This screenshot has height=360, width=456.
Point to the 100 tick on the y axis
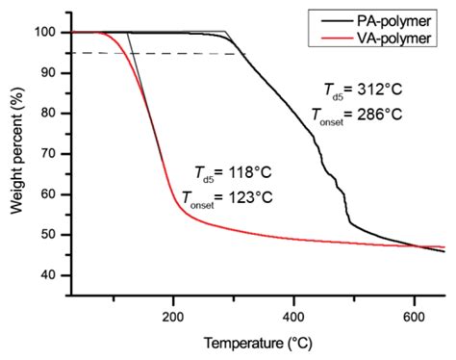tap(46, 32)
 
